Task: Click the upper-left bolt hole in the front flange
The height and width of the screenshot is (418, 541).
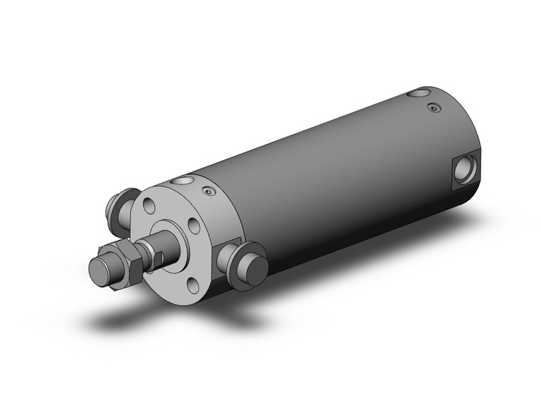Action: tap(148, 206)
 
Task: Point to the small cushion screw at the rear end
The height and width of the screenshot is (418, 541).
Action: tap(434, 108)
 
